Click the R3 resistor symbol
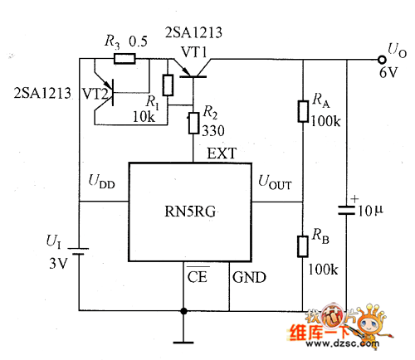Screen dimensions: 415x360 [124, 59]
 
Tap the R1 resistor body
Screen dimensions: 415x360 [168, 85]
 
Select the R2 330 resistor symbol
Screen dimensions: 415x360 [193, 124]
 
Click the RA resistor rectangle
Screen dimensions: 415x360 [303, 111]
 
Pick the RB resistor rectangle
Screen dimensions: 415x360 [303, 246]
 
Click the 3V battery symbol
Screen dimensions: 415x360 [79, 251]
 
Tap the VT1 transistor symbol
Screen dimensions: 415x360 [193, 68]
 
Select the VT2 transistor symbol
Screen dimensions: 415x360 [105, 94]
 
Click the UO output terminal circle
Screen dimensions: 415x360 [382, 59]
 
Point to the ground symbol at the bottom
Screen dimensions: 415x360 [183, 343]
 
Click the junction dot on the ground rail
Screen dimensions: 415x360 [183, 311]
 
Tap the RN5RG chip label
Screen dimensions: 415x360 [190, 212]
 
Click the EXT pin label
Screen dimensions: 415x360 [222, 153]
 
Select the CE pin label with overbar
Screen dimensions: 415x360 [198, 275]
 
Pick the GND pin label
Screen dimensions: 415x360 [249, 277]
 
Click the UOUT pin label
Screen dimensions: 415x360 [275, 182]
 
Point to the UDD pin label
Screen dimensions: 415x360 [101, 182]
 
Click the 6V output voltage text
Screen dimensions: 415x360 [388, 73]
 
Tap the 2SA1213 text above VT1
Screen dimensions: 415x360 [193, 32]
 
